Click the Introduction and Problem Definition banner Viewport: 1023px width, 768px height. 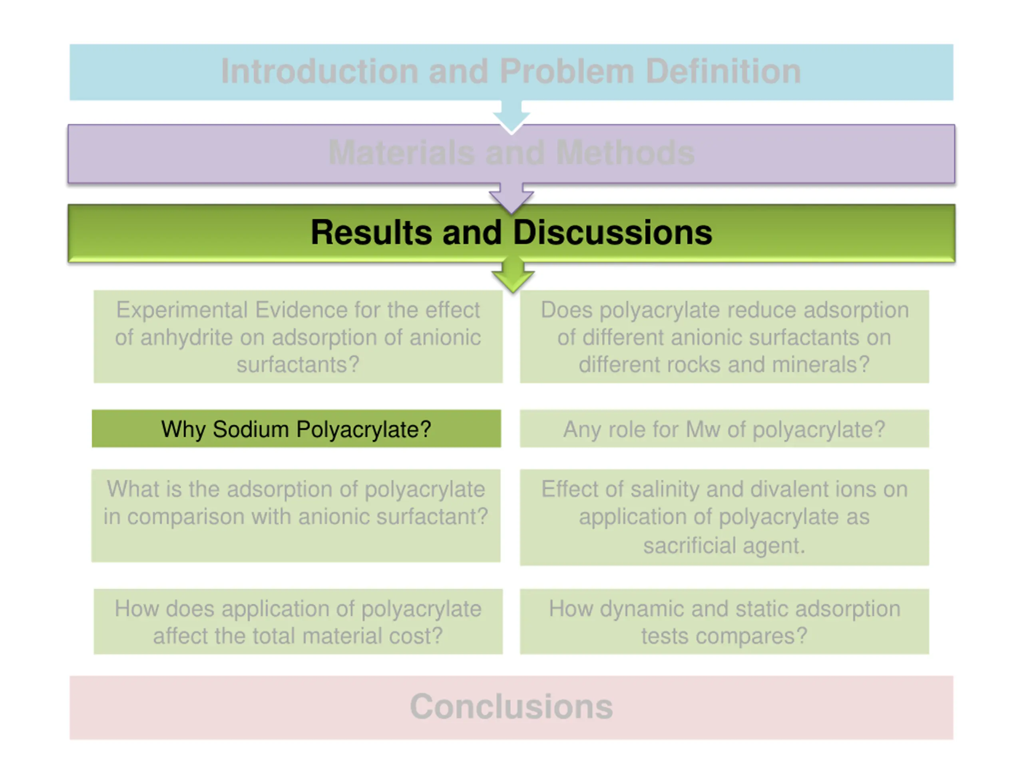pos(511,72)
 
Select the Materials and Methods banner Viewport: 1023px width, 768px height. pos(511,154)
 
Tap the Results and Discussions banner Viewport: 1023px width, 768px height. pos(511,233)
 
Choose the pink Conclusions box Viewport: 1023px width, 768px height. pos(511,707)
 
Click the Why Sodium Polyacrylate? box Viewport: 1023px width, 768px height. pos(296,429)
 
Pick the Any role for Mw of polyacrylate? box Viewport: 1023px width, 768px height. pos(724,429)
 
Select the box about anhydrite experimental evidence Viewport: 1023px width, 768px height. pos(298,336)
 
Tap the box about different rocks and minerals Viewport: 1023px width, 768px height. pos(724,336)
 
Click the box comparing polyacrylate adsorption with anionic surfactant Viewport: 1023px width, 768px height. pos(296,516)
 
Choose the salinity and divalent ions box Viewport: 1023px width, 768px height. pos(724,518)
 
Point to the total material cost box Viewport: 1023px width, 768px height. pos(298,621)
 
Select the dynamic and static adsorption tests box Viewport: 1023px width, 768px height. pos(724,621)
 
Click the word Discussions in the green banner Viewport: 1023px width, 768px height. pos(612,232)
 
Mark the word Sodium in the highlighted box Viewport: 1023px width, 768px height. pos(251,429)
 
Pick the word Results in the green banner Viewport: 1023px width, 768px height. pos(371,232)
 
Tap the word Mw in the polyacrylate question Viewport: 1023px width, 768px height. pos(703,429)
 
